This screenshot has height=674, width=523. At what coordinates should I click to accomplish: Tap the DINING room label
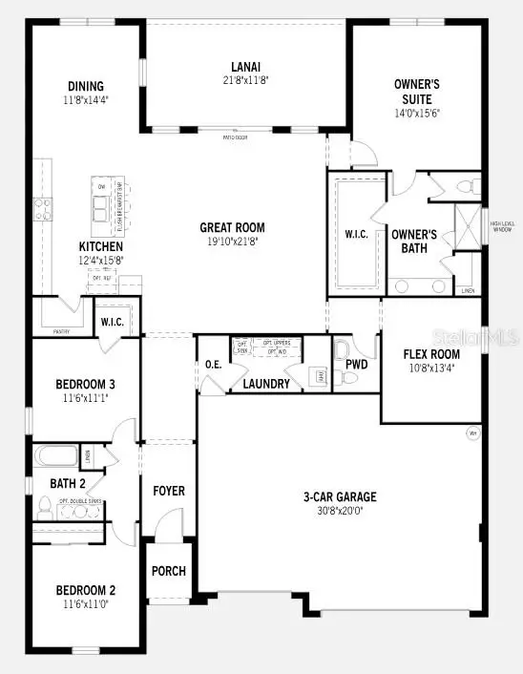[85, 86]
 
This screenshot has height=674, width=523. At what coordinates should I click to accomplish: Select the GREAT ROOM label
[232, 227]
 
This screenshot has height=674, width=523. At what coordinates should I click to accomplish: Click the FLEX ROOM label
[431, 354]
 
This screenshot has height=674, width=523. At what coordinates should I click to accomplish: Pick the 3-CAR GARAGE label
[339, 496]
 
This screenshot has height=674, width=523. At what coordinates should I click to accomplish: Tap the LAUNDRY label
[266, 384]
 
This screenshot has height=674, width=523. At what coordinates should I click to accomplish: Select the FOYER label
[169, 491]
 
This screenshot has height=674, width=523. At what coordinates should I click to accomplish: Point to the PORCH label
[169, 571]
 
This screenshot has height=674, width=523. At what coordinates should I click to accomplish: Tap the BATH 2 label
[69, 483]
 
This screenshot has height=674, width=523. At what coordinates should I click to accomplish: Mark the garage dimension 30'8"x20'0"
[339, 510]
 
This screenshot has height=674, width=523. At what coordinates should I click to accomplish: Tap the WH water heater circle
[471, 432]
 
